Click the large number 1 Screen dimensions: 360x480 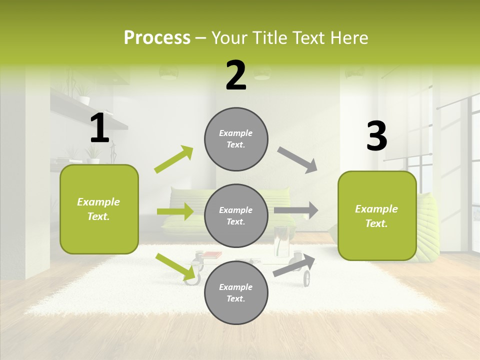pos(99,128)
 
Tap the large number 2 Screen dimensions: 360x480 pos(236,75)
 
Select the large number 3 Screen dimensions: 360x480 pos(376,136)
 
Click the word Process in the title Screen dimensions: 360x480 pos(157,37)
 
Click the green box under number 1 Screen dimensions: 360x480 pos(99,209)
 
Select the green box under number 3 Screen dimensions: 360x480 pos(377,216)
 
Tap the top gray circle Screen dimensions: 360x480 pos(236,139)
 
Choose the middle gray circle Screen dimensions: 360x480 pos(236,215)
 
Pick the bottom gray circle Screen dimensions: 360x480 pos(236,292)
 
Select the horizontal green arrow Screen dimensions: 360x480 pos(175,211)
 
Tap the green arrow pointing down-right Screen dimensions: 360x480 pos(175,266)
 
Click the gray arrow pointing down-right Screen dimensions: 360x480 pos(297,160)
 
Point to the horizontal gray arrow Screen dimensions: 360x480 pos(296,210)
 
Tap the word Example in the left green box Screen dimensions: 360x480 pos(98,202)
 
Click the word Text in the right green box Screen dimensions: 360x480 pos(376,223)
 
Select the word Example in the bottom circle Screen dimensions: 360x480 pos(235,287)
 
